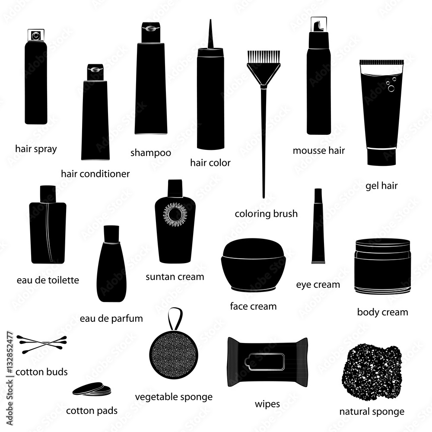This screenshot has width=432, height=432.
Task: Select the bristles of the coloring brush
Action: click(264, 57)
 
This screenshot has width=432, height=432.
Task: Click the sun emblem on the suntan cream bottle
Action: click(175, 215)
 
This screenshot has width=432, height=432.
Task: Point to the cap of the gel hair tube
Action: click(381, 156)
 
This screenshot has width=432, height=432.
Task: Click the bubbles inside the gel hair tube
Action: click(391, 85)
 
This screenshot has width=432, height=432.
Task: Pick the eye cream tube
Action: click(318, 226)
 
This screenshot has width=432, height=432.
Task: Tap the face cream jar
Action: click(253, 265)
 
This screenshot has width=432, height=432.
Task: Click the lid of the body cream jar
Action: click(383, 245)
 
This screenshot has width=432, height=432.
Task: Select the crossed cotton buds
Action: click(42, 344)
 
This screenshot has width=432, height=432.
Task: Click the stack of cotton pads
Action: click(92, 389)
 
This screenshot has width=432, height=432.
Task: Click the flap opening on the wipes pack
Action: click(264, 362)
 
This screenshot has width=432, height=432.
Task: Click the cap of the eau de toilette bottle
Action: click(48, 194)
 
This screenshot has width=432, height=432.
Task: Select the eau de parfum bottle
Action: click(111, 264)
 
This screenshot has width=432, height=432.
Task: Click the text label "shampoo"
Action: click(151, 152)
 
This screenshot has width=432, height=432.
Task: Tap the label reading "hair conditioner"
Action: click(95, 174)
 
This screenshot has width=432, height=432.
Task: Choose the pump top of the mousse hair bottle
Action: click(319, 25)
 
